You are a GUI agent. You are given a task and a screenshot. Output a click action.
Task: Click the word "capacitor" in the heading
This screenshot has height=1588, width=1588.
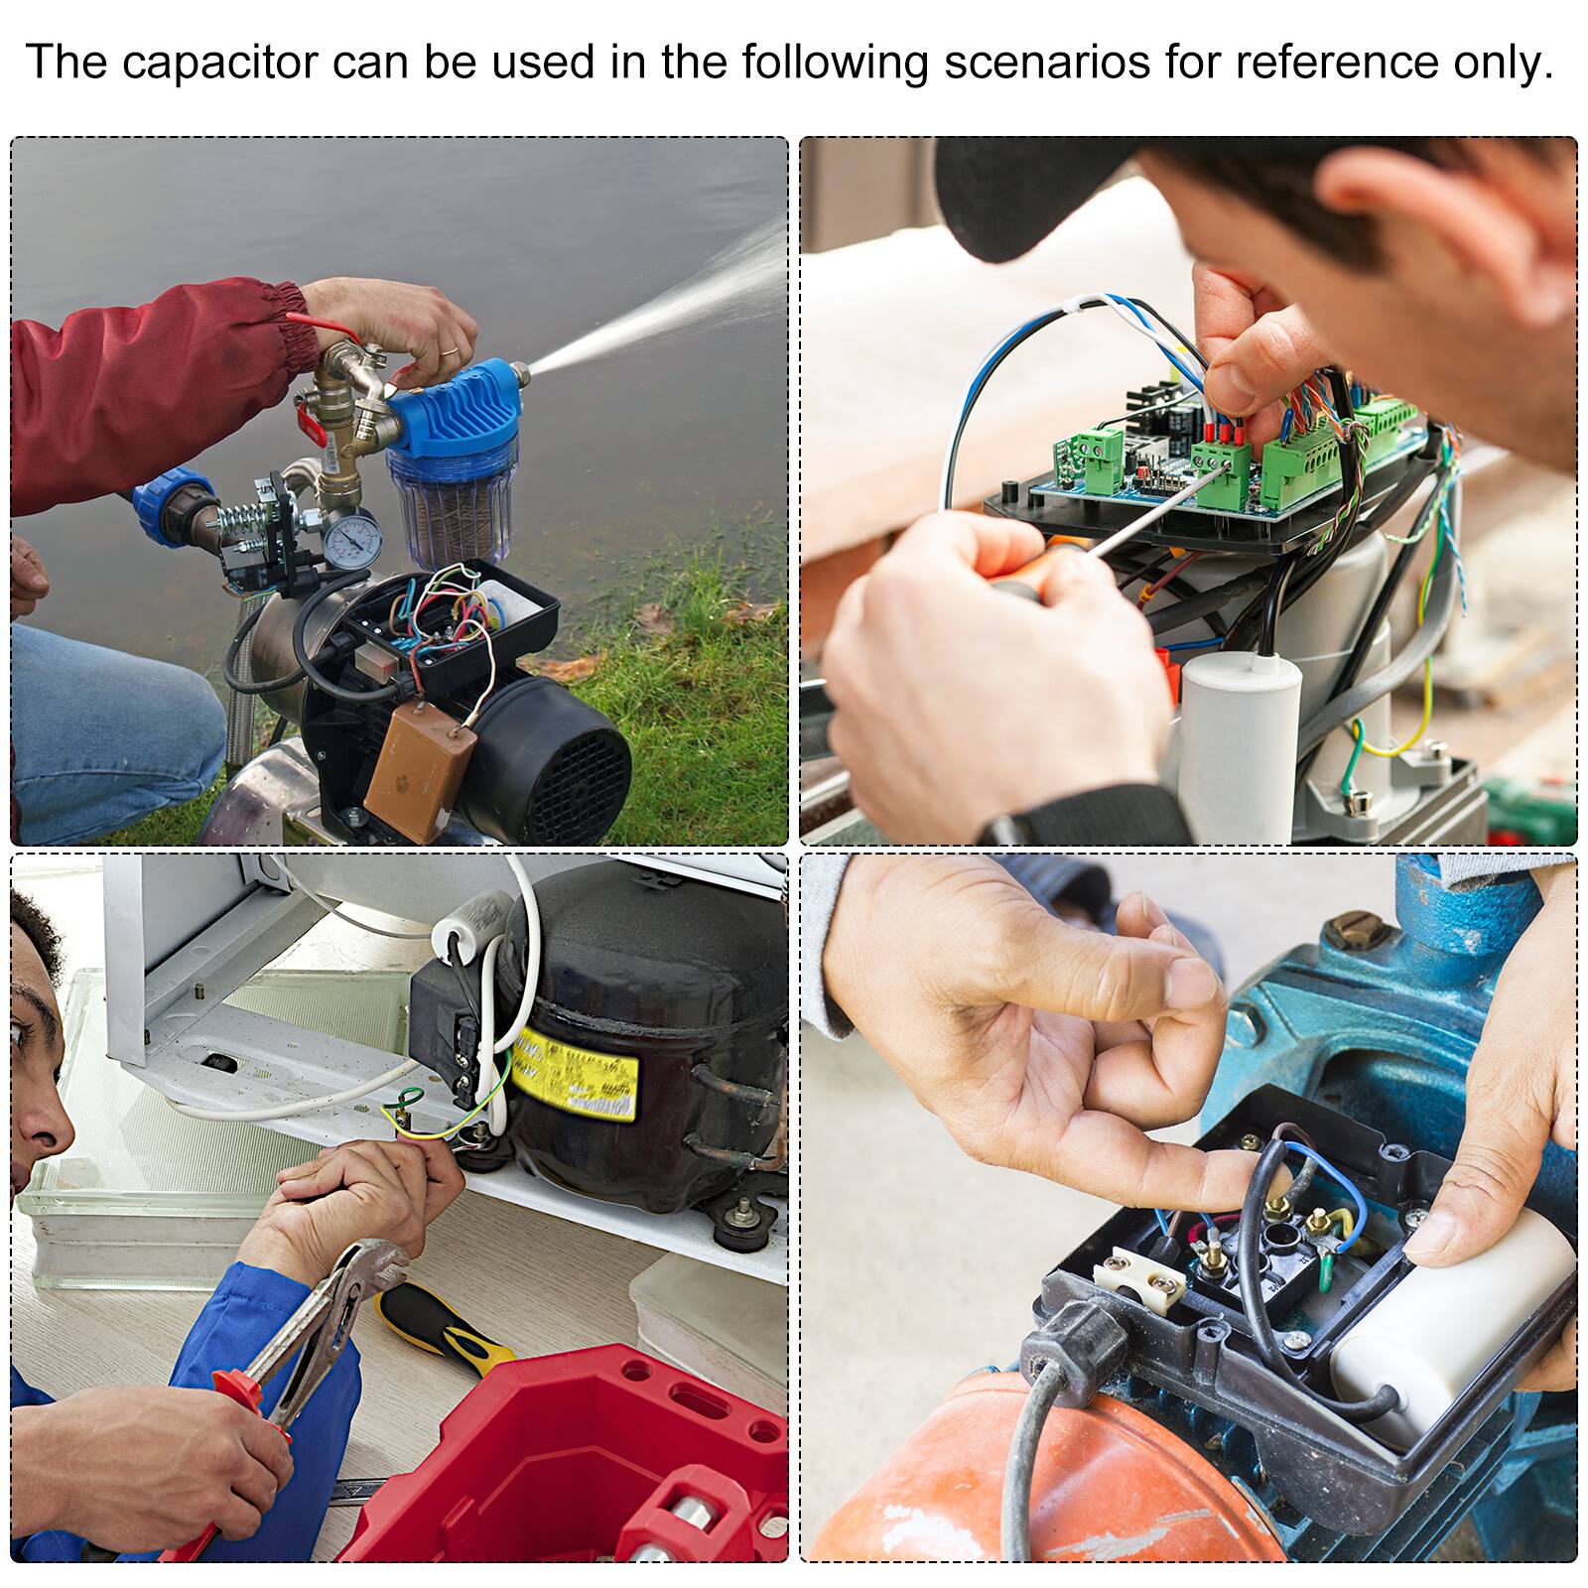219,62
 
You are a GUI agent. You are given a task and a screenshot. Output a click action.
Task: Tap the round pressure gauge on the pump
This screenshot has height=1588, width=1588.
351,539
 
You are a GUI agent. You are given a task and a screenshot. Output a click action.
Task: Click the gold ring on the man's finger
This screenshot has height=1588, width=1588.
449,352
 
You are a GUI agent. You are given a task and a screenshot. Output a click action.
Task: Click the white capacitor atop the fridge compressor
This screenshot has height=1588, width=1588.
474,913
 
